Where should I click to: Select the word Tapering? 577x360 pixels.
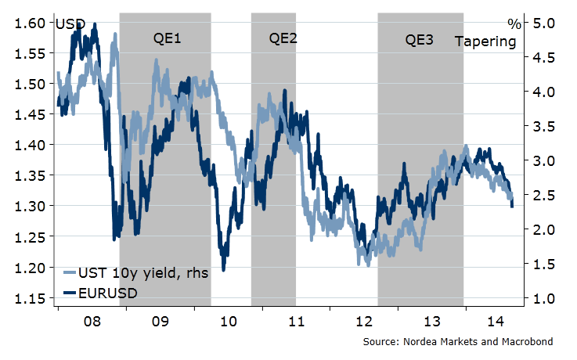[485, 41]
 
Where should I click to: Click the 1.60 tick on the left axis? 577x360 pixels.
[29, 23]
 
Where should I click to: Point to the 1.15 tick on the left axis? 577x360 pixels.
[29, 298]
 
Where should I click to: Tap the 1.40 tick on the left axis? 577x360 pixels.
[29, 146]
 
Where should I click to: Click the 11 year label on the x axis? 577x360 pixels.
[296, 322]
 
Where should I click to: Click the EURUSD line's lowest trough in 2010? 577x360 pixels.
[224, 270]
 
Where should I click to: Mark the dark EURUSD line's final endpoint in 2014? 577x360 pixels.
[512, 207]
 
